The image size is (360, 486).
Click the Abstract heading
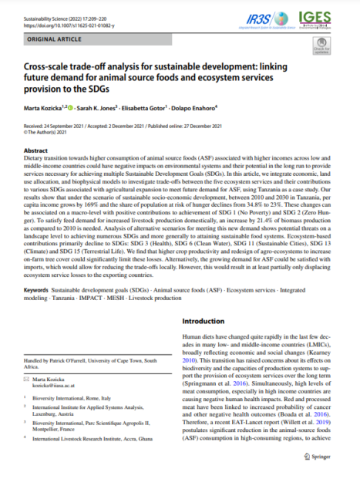pos(36,150)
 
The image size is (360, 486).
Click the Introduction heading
pos(208,317)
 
